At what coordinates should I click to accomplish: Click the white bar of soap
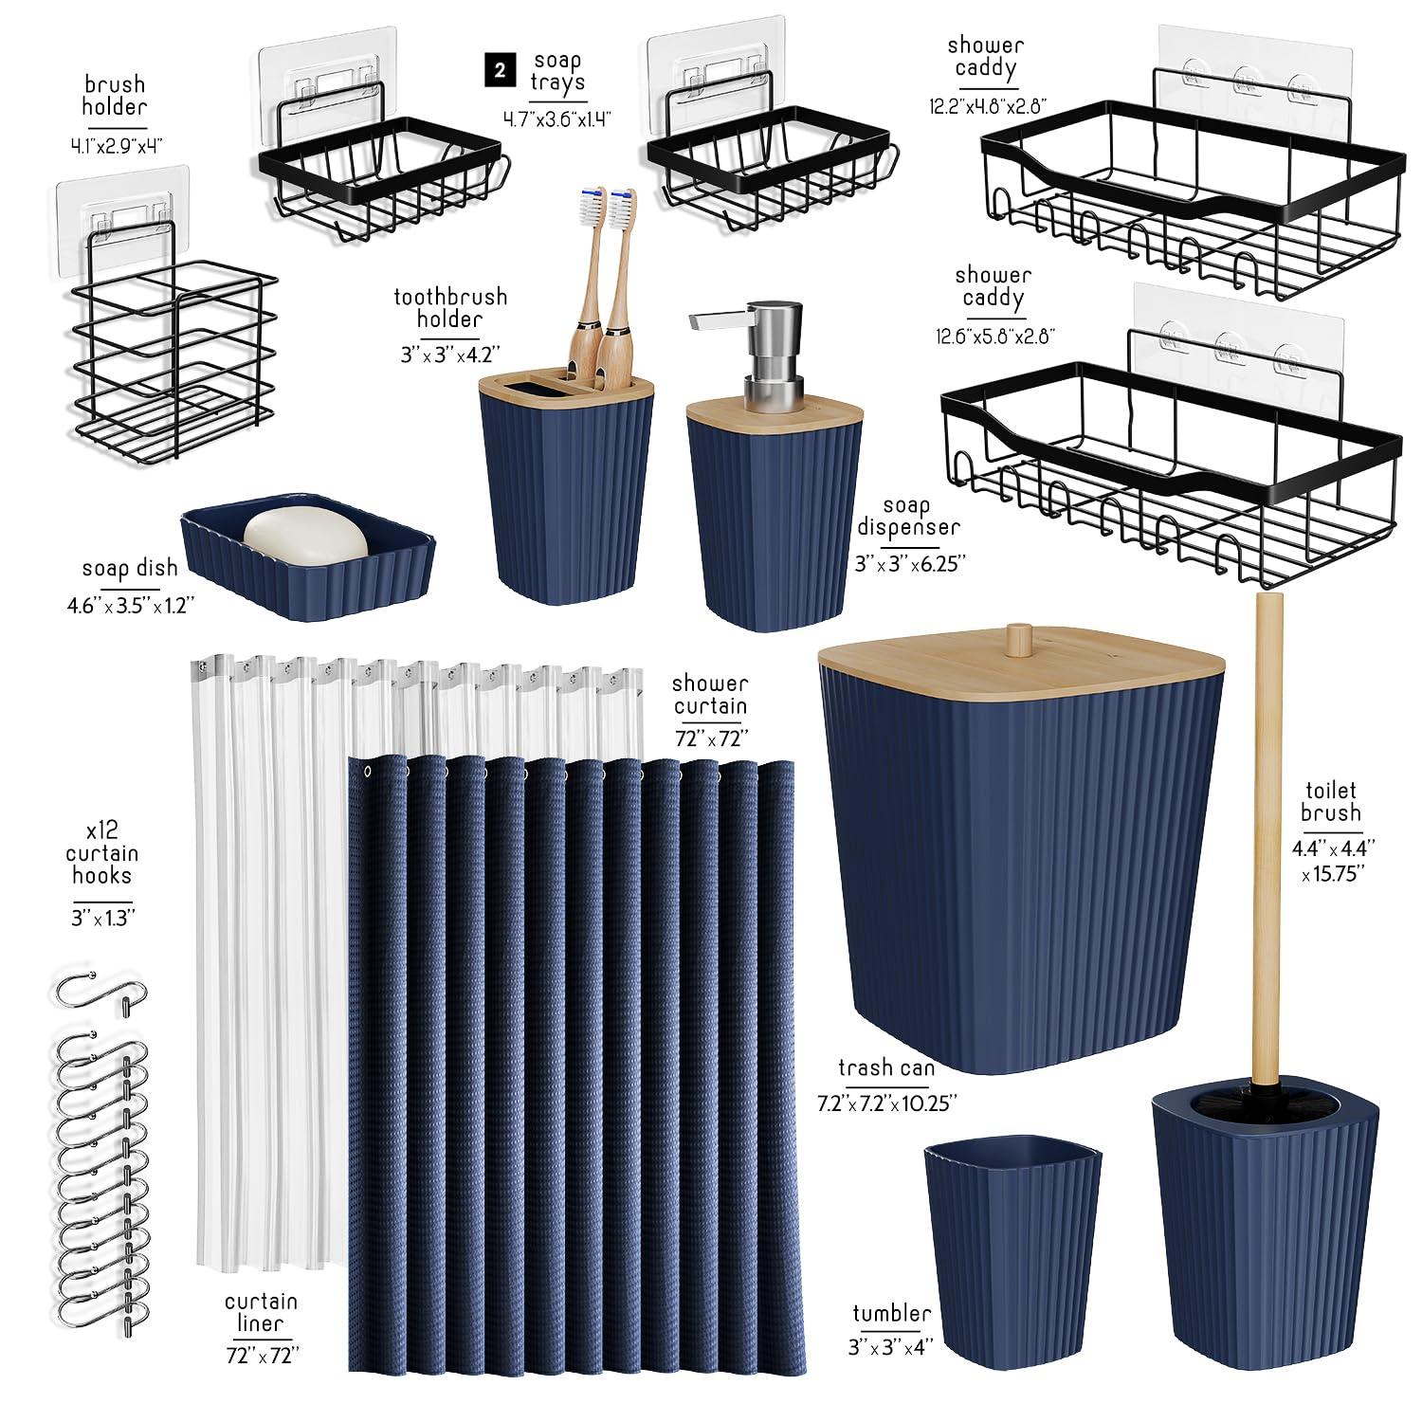(x=305, y=537)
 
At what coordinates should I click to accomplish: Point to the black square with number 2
(x=500, y=71)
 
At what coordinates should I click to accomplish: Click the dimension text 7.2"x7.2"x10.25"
(x=887, y=1103)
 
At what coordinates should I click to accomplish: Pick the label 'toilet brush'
(x=1330, y=801)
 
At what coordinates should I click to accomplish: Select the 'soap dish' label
(x=130, y=568)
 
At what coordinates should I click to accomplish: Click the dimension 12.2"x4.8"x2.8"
(x=987, y=106)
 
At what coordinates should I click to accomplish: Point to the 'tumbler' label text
(x=891, y=1313)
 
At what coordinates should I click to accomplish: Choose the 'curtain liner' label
(x=261, y=1312)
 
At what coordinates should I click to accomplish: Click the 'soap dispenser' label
(x=908, y=517)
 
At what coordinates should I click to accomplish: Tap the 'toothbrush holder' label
(x=450, y=308)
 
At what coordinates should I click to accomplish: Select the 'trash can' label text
(x=886, y=1068)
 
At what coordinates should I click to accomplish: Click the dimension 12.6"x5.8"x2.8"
(x=994, y=336)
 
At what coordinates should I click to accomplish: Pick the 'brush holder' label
(x=114, y=96)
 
